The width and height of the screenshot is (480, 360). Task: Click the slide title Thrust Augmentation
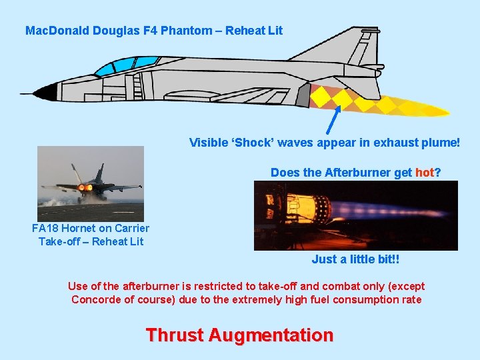click(239, 335)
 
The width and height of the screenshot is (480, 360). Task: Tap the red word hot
click(424, 173)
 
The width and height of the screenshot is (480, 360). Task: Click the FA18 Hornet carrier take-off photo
click(91, 183)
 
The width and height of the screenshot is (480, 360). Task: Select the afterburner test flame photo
click(355, 215)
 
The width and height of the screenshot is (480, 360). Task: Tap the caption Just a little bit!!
click(355, 259)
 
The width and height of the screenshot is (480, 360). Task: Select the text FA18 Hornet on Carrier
click(91, 228)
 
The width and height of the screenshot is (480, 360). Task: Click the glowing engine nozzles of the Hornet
click(85, 188)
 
